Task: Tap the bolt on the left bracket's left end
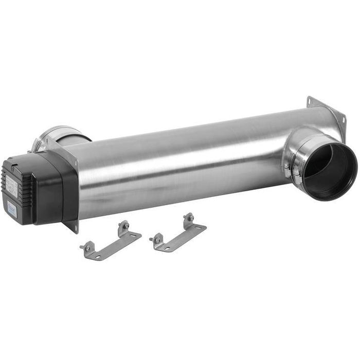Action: (86, 248)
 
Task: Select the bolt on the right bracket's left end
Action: (156, 239)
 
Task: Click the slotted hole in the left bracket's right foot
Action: (134, 236)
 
